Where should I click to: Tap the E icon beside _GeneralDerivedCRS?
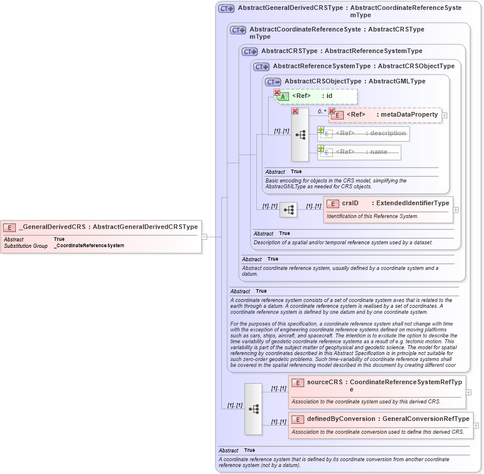9,227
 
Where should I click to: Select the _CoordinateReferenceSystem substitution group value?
89,245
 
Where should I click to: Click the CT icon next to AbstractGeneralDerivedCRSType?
226,9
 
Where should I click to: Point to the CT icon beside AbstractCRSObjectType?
273,82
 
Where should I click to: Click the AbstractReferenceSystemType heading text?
322,66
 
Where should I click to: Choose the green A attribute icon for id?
284,96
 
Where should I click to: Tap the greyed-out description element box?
363,134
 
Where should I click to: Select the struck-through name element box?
359,152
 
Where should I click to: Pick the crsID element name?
350,203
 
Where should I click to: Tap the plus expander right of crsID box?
455,210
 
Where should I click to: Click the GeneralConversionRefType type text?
425,419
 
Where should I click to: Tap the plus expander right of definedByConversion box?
476,426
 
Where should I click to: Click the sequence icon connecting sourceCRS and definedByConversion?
253,409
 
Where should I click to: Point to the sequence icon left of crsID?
288,210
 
